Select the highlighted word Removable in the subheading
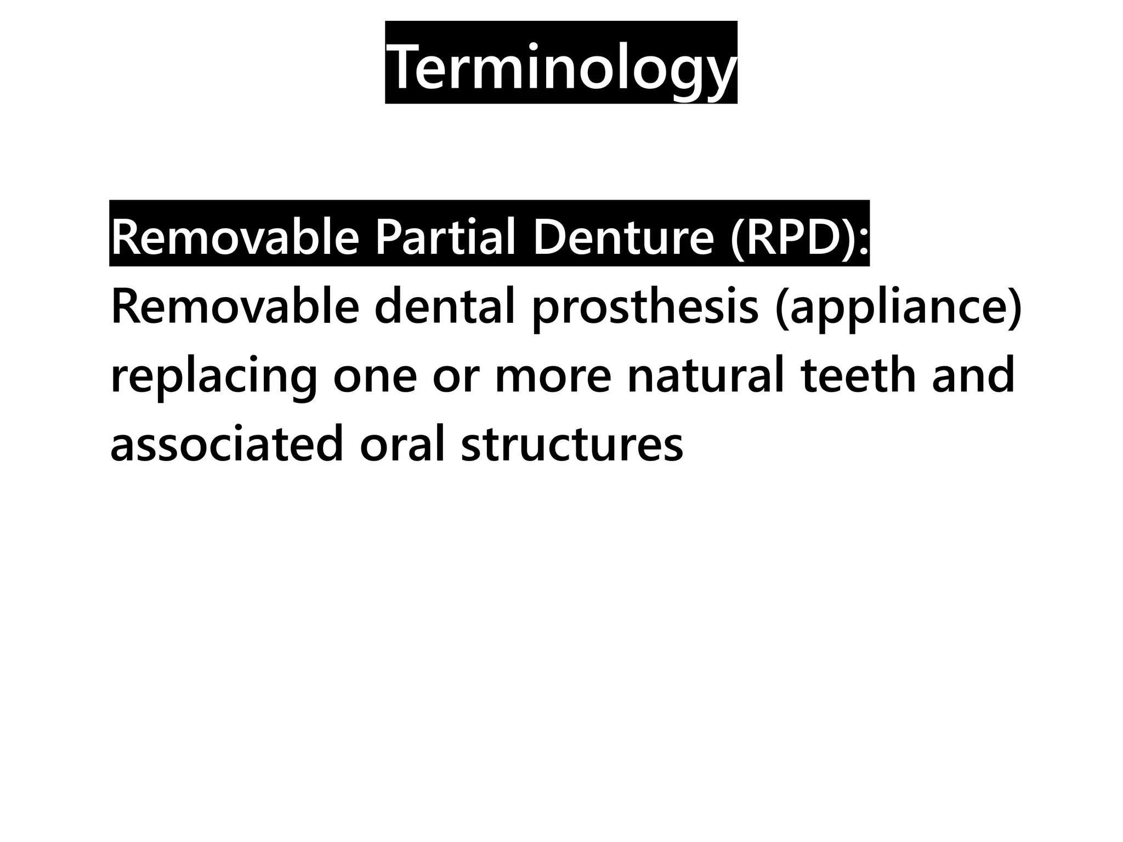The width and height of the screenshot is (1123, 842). coord(235,237)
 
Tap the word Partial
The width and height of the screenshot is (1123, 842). coord(445,237)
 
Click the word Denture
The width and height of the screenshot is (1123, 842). coord(623,237)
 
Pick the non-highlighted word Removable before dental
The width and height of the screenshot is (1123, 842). coord(235,307)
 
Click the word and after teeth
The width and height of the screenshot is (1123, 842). coord(973,376)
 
